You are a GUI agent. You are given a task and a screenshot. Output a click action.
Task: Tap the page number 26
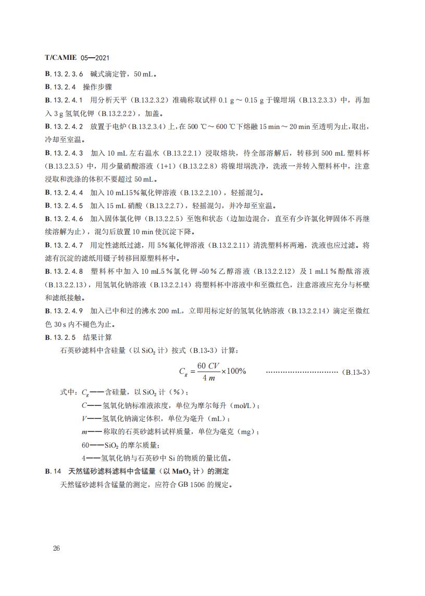coord(57,549)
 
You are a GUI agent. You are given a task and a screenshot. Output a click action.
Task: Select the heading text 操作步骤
coord(98,86)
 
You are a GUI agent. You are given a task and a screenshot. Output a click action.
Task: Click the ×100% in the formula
coord(233,372)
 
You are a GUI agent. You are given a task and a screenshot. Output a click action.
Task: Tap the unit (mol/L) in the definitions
coord(244,406)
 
